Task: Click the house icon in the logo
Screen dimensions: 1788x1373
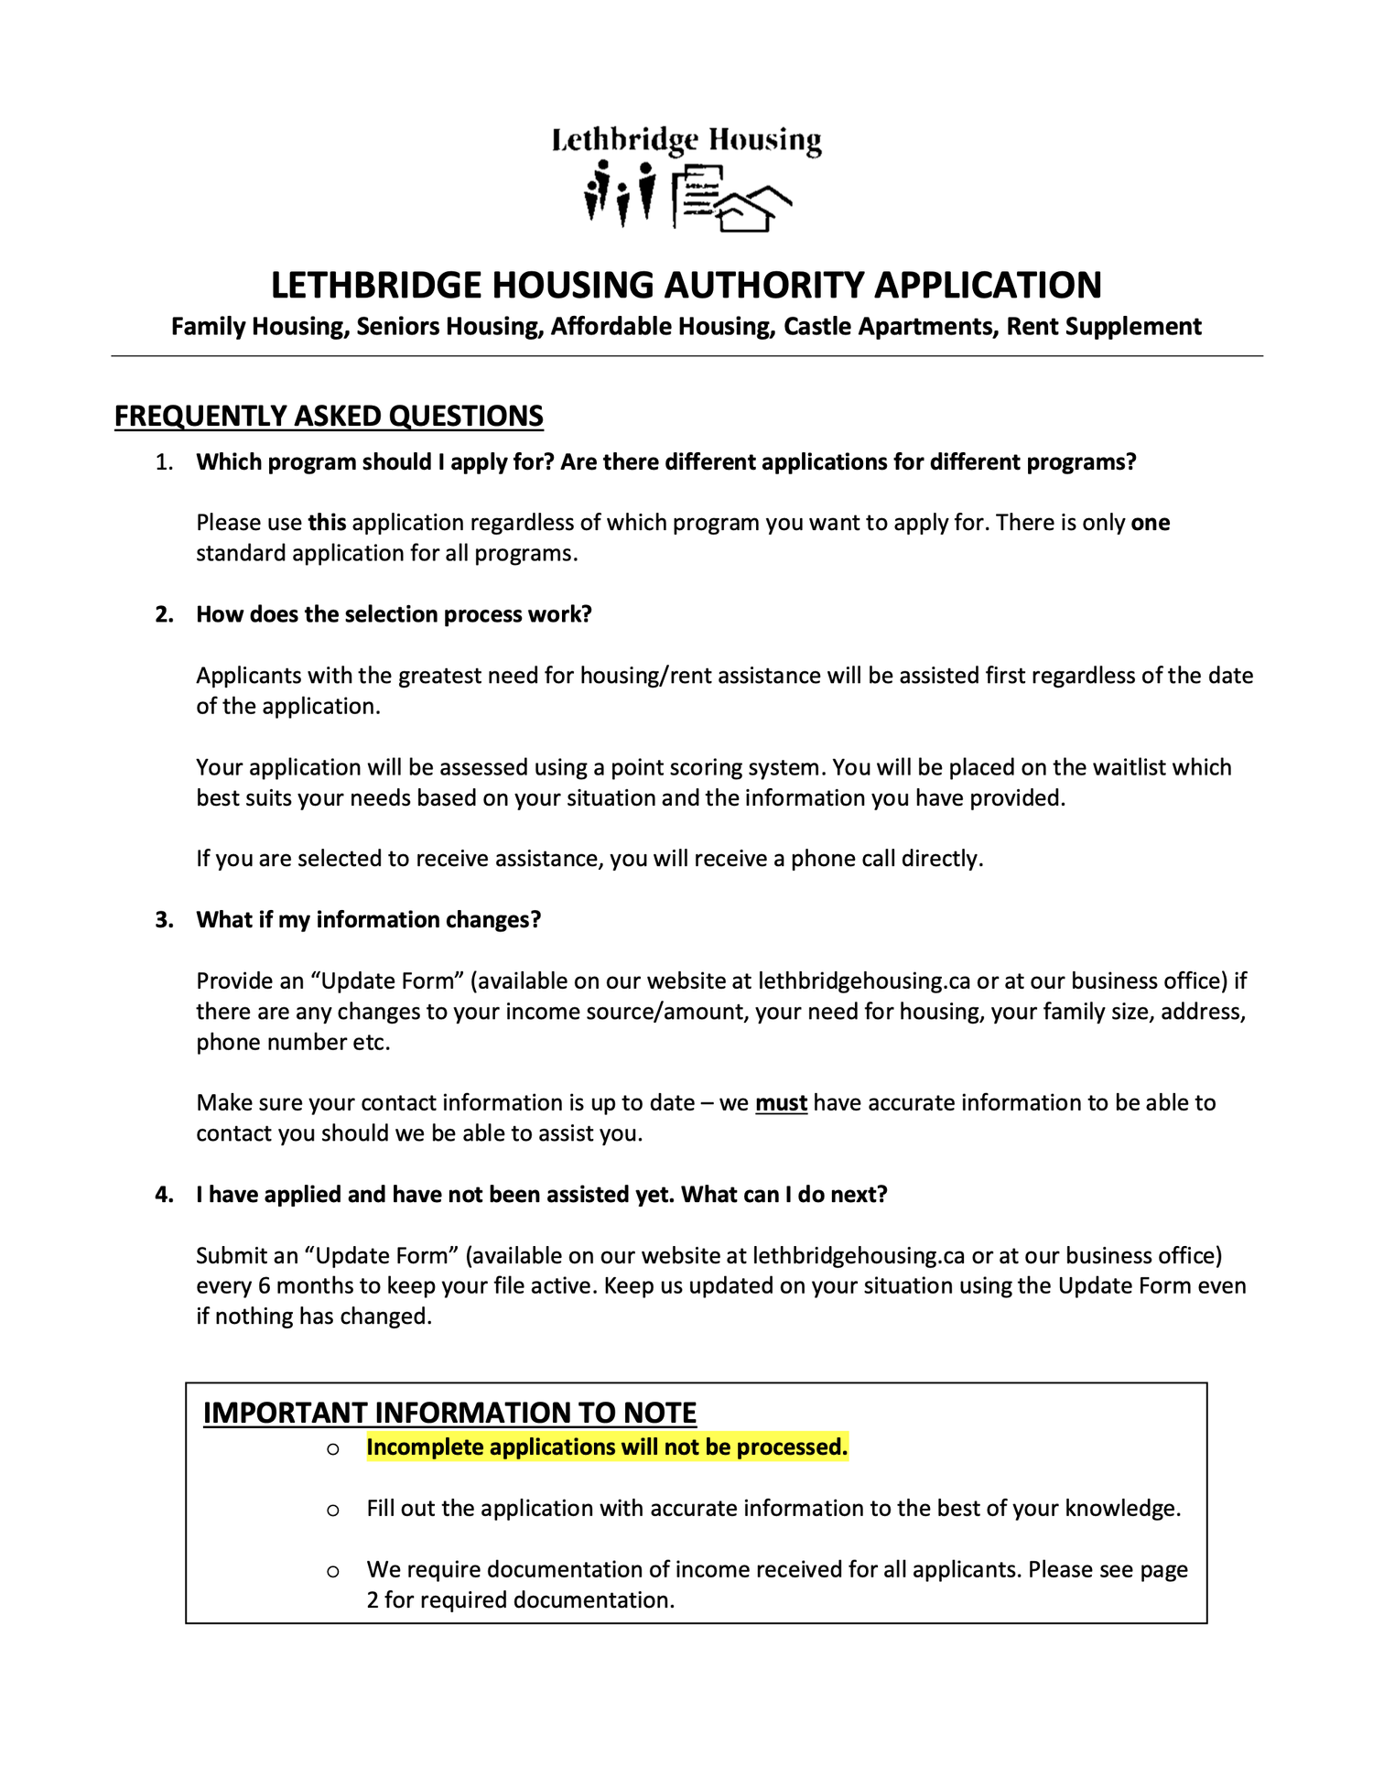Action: pyautogui.click(x=754, y=209)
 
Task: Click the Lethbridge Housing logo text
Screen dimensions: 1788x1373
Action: pyautogui.click(x=686, y=140)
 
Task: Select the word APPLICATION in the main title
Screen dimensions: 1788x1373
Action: pyautogui.click(x=988, y=286)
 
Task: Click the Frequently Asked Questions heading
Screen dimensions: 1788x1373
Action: pyautogui.click(x=329, y=417)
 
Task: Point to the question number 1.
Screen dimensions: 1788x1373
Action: pyautogui.click(x=164, y=462)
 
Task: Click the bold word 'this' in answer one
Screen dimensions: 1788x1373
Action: pyautogui.click(x=327, y=523)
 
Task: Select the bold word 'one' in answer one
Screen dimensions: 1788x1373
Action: pyautogui.click(x=1151, y=523)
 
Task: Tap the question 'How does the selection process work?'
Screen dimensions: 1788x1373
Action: pyautogui.click(x=394, y=614)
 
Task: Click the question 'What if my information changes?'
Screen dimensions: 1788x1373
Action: pyautogui.click(x=369, y=920)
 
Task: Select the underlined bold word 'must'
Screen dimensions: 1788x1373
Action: pyautogui.click(x=781, y=1103)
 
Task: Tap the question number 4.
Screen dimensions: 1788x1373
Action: pyautogui.click(x=164, y=1195)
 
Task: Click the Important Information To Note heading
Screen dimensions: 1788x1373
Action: pyautogui.click(x=449, y=1413)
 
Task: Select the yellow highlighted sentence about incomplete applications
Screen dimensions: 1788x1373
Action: pyautogui.click(x=607, y=1447)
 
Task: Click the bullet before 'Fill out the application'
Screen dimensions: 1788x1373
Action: pyautogui.click(x=333, y=1510)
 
